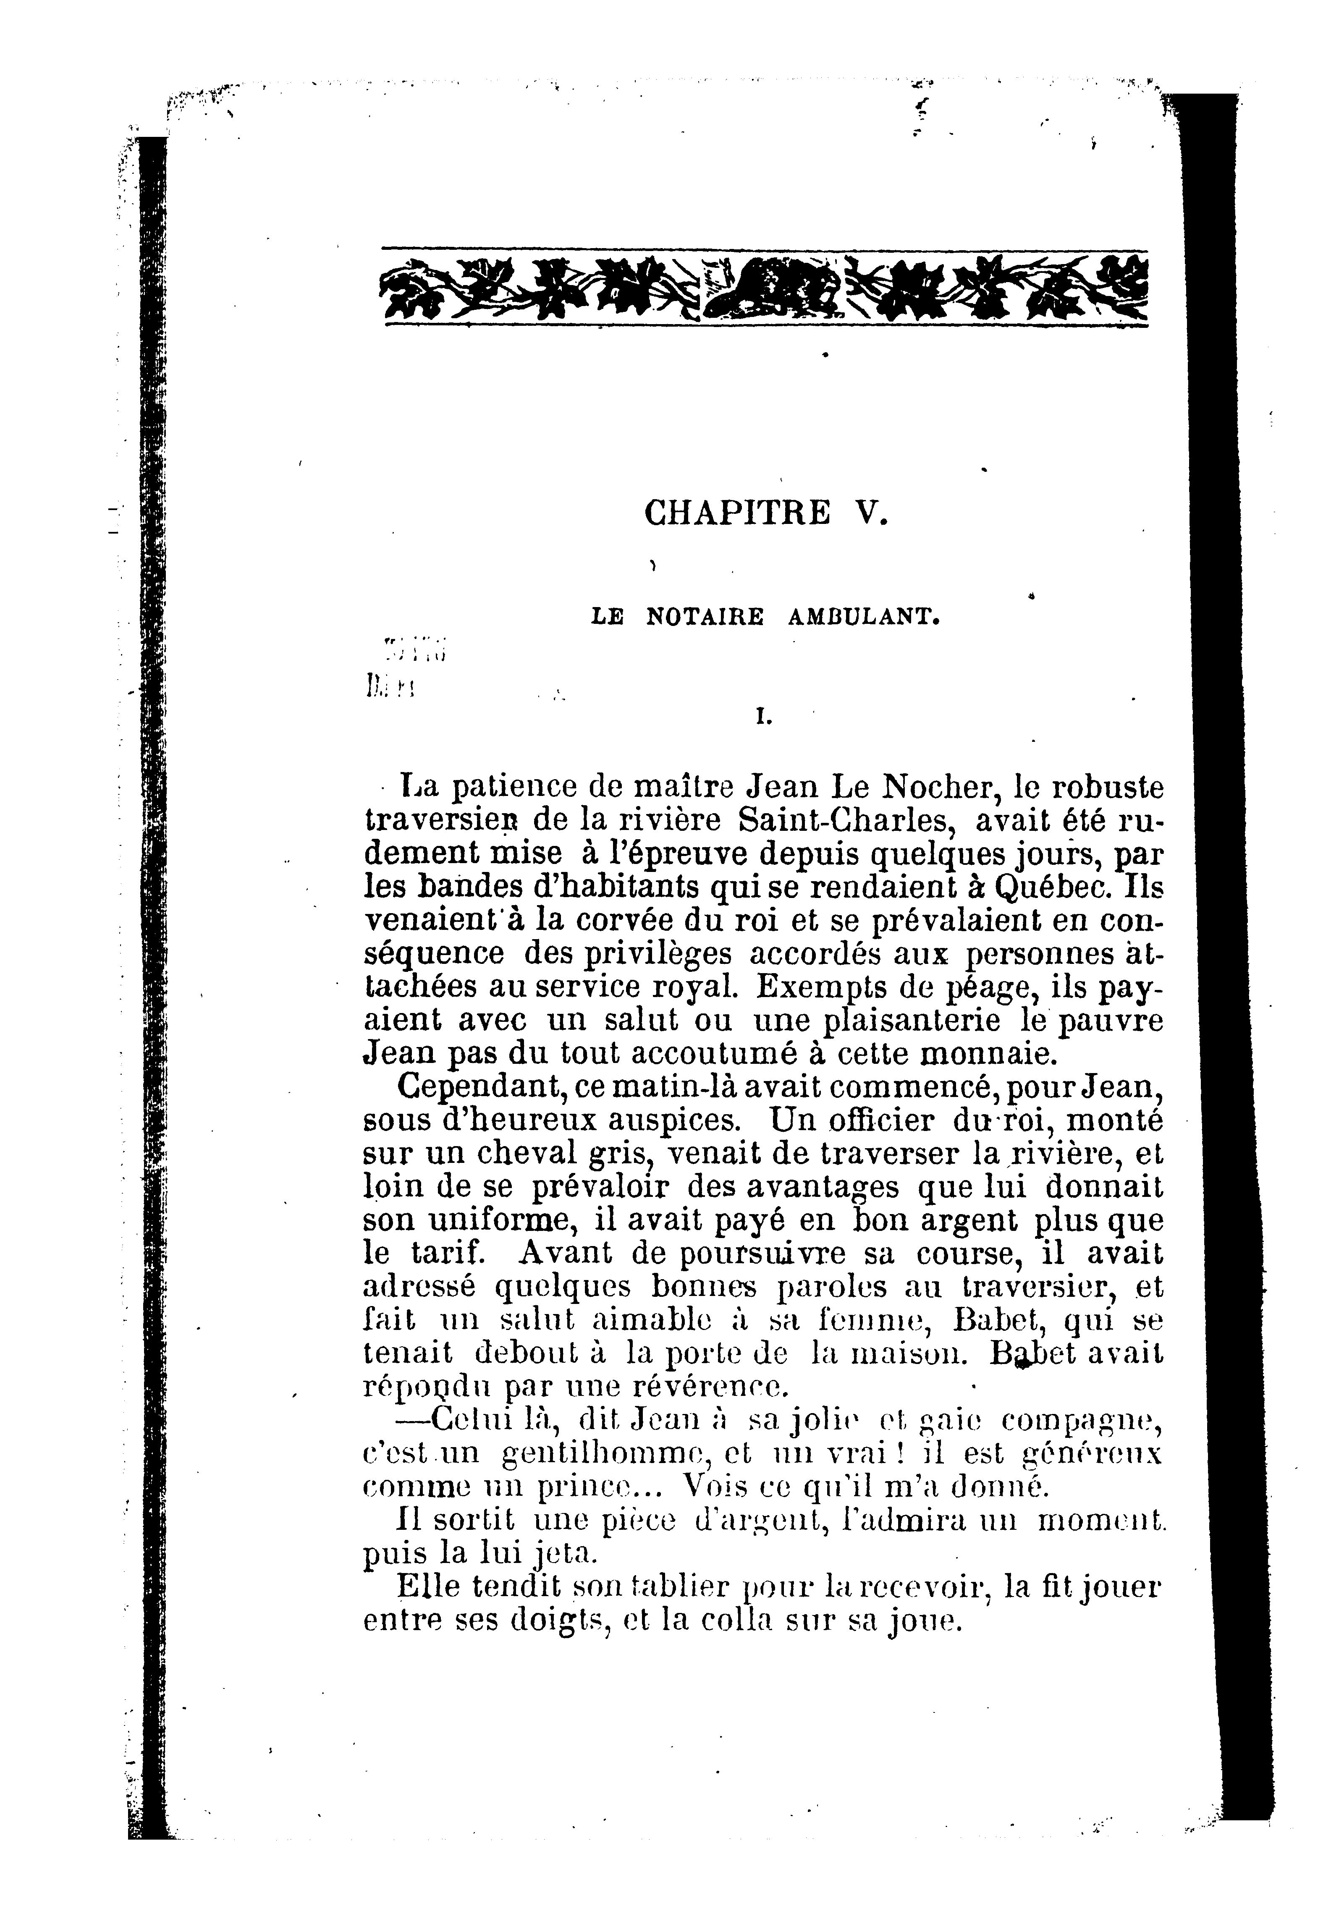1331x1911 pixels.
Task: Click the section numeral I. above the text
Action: (760, 715)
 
